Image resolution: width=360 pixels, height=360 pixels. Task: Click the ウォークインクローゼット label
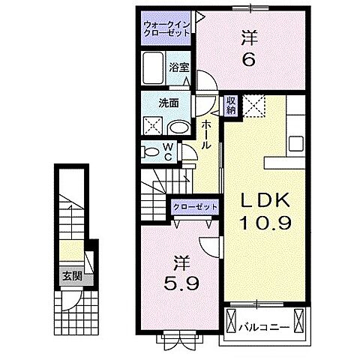(x=167, y=29)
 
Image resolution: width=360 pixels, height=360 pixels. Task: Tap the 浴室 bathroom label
(x=178, y=67)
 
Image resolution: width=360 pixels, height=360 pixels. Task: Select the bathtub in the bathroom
(x=154, y=68)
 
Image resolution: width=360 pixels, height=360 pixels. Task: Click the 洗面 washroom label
(x=169, y=103)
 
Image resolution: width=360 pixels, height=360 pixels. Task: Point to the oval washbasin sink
(x=179, y=128)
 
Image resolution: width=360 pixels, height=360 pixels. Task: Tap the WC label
(x=168, y=151)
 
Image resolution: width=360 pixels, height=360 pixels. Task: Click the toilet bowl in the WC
(x=150, y=152)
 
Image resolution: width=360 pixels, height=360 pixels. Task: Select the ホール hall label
(x=206, y=134)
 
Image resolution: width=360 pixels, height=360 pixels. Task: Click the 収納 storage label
(x=231, y=105)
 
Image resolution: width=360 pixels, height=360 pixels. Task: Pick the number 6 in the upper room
(x=249, y=59)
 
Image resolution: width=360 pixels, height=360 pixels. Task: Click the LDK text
(x=265, y=200)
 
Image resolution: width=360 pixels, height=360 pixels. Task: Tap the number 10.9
(x=265, y=223)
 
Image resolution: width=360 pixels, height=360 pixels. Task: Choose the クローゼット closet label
(x=195, y=207)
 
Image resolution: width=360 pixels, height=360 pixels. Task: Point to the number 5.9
(x=181, y=283)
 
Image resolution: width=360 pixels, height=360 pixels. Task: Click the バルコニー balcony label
(x=264, y=327)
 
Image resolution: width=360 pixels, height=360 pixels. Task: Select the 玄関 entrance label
(x=72, y=276)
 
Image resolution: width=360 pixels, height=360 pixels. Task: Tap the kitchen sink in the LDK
(x=296, y=144)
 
